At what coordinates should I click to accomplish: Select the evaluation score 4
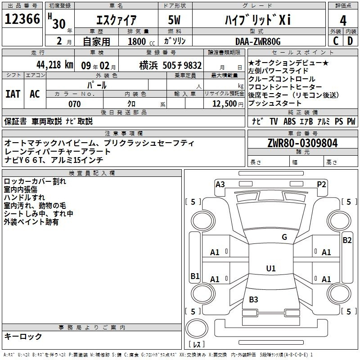(x=343, y=21)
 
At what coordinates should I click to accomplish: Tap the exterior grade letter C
(x=335, y=41)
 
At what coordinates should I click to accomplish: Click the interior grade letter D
(x=350, y=41)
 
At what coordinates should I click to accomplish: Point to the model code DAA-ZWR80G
(x=258, y=41)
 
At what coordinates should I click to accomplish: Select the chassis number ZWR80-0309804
(x=302, y=143)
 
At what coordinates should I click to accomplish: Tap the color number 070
(x=74, y=104)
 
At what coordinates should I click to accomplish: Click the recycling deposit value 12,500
(x=224, y=104)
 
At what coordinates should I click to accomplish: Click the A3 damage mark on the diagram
(x=220, y=184)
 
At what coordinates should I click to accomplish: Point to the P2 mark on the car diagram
(x=321, y=184)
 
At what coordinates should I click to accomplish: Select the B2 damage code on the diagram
(x=347, y=240)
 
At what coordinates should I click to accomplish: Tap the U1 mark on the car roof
(x=270, y=269)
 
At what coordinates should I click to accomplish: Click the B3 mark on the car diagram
(x=253, y=299)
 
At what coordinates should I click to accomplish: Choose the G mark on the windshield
(x=284, y=237)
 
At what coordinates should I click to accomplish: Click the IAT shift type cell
(x=13, y=94)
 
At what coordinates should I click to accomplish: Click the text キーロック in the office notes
(x=23, y=336)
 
